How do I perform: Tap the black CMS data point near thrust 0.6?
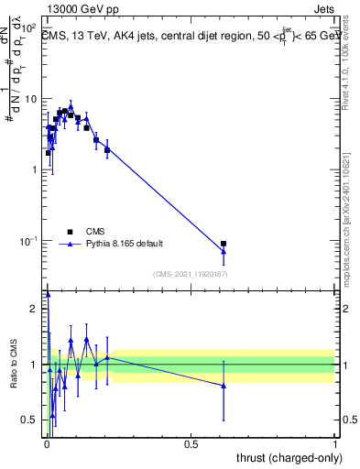coord(224,244)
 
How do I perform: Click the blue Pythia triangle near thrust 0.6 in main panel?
coord(224,252)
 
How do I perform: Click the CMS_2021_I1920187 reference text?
coord(191,274)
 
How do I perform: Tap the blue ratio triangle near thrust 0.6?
coord(224,386)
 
